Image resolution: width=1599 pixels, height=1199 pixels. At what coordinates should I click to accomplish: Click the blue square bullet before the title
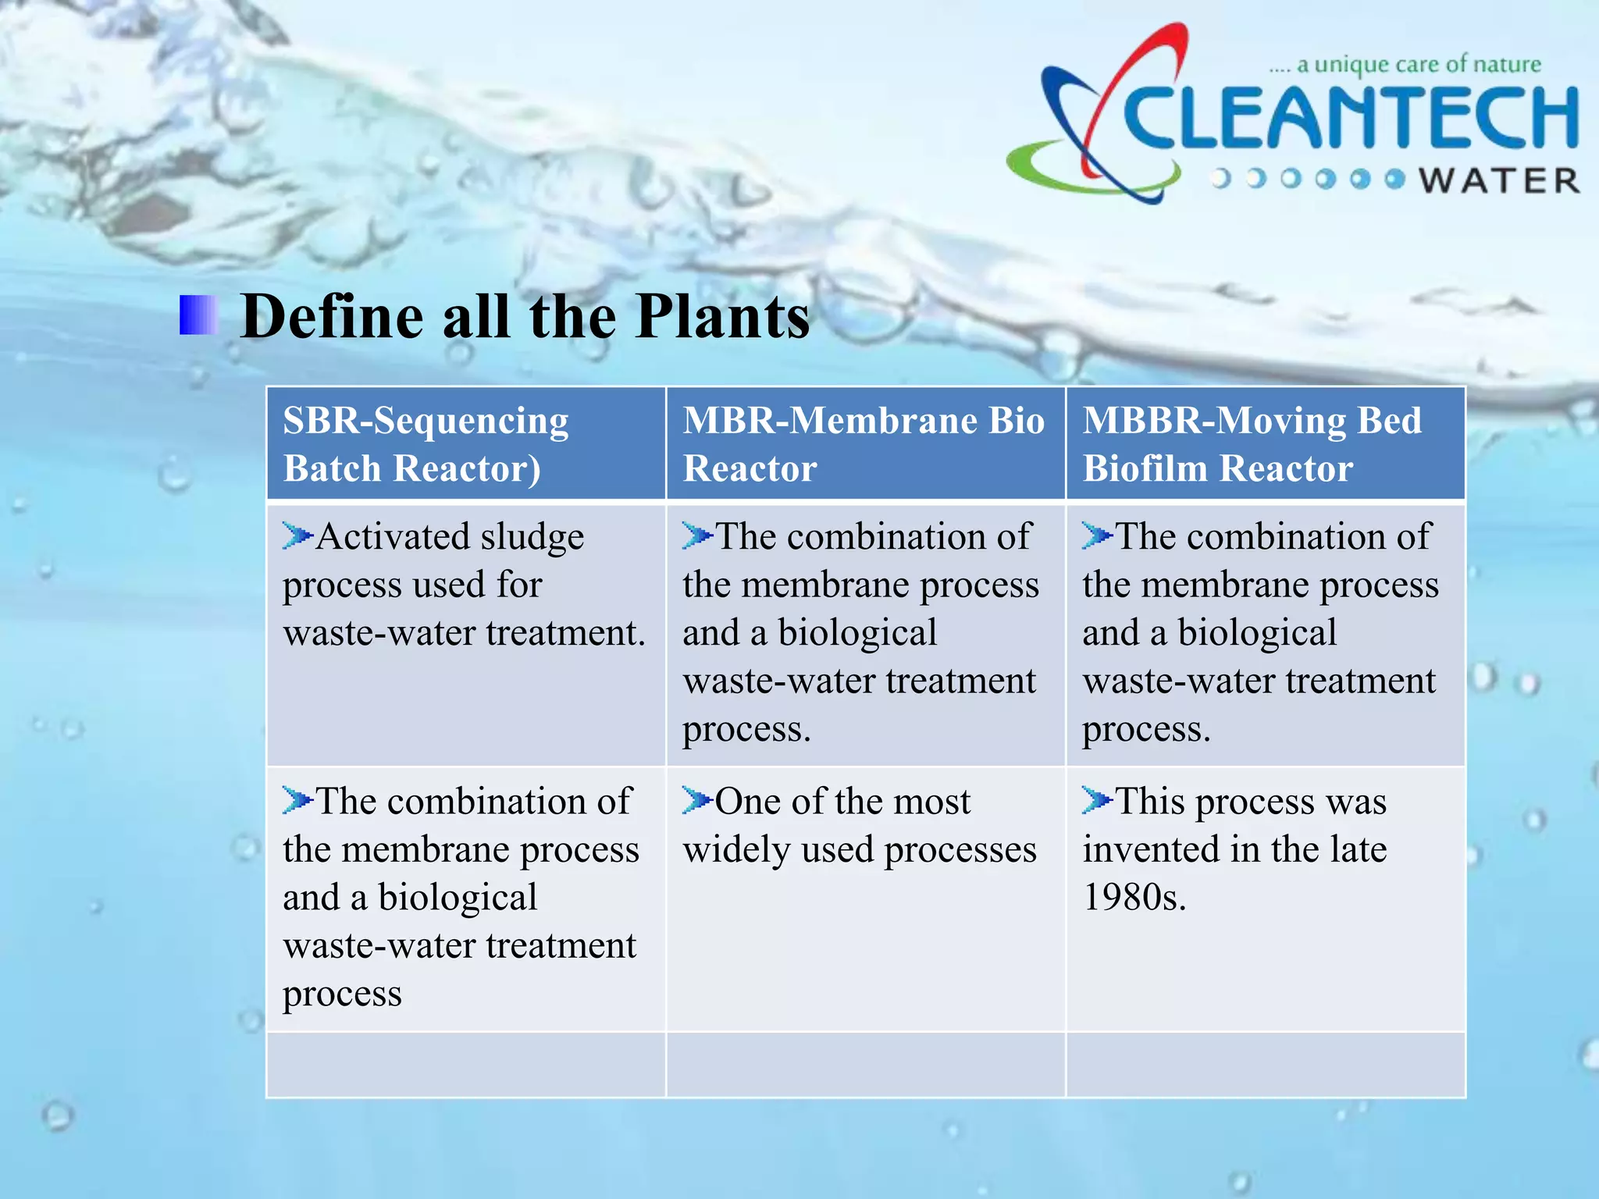(x=198, y=315)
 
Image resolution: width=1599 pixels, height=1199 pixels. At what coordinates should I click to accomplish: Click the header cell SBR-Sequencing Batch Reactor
(x=465, y=443)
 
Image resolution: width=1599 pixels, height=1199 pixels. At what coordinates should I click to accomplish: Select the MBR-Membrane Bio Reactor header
(x=864, y=443)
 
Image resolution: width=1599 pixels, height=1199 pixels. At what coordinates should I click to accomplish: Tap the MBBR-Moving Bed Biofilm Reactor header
(x=1265, y=443)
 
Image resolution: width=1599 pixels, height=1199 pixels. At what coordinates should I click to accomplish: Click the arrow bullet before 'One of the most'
(x=696, y=800)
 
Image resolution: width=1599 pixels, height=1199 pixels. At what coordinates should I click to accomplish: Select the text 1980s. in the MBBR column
(x=1134, y=898)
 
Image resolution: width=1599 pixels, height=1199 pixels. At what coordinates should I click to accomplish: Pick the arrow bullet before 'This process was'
(x=1096, y=800)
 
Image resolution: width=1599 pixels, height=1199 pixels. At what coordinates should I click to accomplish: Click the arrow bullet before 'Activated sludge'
(x=297, y=536)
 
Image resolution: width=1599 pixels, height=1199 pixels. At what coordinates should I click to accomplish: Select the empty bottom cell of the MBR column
(x=865, y=1065)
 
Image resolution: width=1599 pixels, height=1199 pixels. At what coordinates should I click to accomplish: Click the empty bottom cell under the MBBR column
(x=1265, y=1065)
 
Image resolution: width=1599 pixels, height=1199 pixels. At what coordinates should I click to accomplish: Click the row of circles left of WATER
(x=1308, y=180)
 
